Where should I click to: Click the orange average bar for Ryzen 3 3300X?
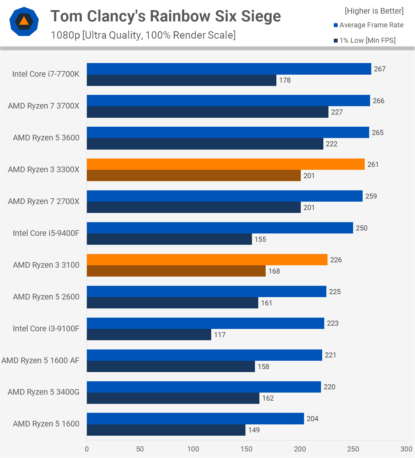coord(225,164)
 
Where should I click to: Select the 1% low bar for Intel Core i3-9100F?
coord(149,335)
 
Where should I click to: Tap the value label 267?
coord(380,69)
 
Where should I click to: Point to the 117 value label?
coord(220,335)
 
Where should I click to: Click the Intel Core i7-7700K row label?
coord(46,74)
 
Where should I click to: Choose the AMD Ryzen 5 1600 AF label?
coord(40,360)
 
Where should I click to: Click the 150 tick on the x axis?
coord(246,449)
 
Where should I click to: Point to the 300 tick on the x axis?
coord(406,449)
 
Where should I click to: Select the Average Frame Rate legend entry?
coord(369,25)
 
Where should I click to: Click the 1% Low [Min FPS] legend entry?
coord(365,40)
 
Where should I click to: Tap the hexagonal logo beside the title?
coord(24,21)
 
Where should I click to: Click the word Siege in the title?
coord(261,16)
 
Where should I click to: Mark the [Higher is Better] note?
coord(374,11)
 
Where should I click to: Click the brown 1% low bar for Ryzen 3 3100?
coord(176,271)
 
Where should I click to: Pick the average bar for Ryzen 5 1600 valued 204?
coord(195,418)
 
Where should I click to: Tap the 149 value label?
coord(254,430)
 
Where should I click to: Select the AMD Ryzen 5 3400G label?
coord(43,392)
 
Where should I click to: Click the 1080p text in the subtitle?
coord(65,35)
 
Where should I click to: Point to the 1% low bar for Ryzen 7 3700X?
coord(207,112)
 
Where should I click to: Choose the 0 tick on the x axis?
coord(87,449)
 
